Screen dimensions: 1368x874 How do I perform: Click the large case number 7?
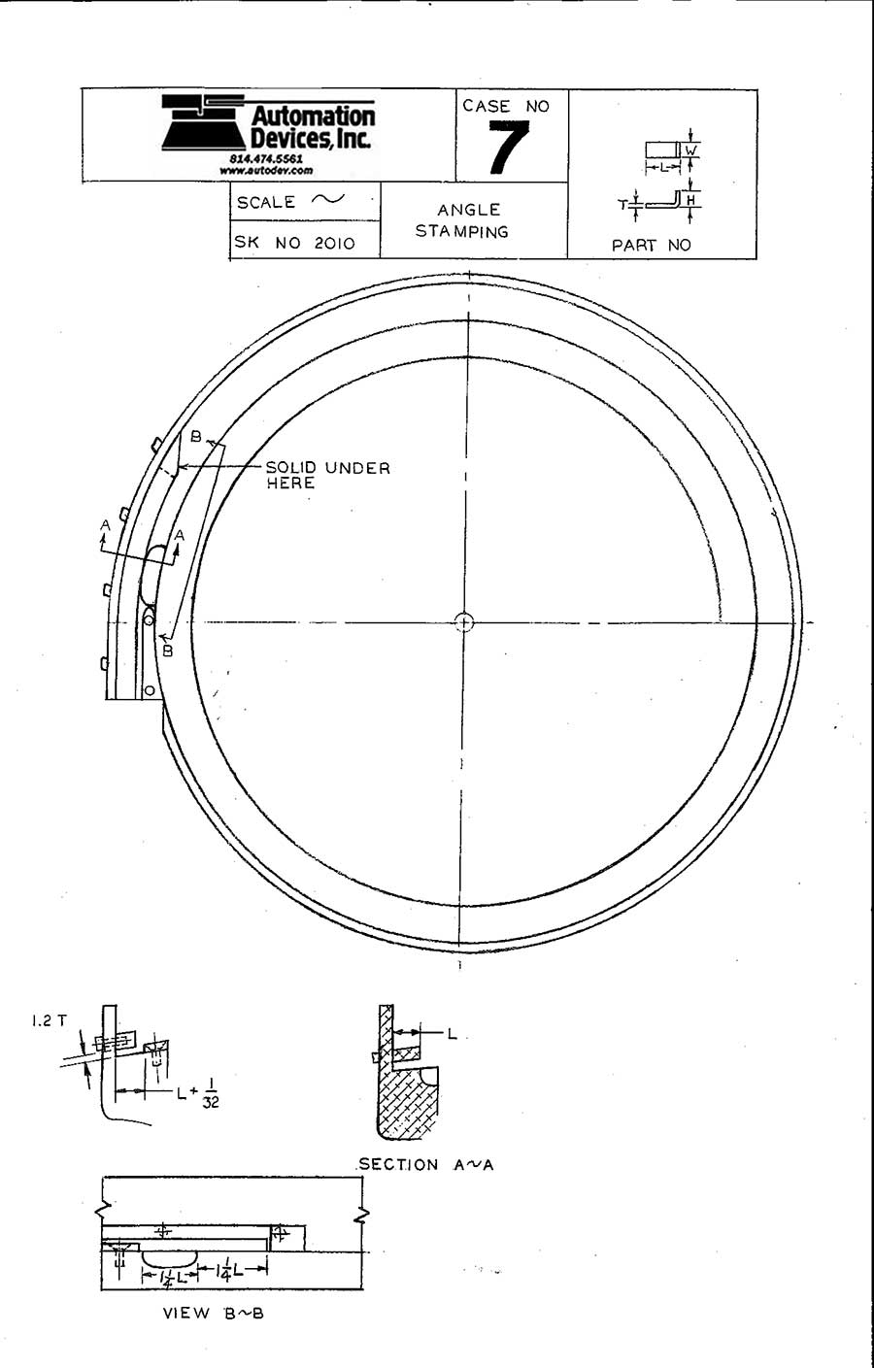point(508,149)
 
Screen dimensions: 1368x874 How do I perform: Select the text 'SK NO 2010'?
point(295,243)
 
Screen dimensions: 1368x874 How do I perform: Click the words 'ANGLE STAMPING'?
point(463,220)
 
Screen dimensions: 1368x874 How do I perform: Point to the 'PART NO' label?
point(651,246)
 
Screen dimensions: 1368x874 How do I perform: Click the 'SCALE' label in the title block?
point(266,202)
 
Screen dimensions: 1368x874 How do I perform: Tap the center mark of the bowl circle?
point(464,621)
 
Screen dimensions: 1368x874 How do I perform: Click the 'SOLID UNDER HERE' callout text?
point(327,475)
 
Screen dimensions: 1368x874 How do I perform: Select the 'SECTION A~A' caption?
point(425,1164)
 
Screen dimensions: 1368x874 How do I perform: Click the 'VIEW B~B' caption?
point(213,1313)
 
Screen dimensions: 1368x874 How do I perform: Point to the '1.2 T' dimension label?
point(49,1020)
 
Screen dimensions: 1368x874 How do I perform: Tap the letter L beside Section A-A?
point(452,1034)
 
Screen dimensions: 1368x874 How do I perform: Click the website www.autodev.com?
point(266,170)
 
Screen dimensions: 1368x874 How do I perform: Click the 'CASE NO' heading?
point(506,106)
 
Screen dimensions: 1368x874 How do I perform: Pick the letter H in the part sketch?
point(690,201)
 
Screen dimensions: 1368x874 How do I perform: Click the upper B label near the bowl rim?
point(195,437)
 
